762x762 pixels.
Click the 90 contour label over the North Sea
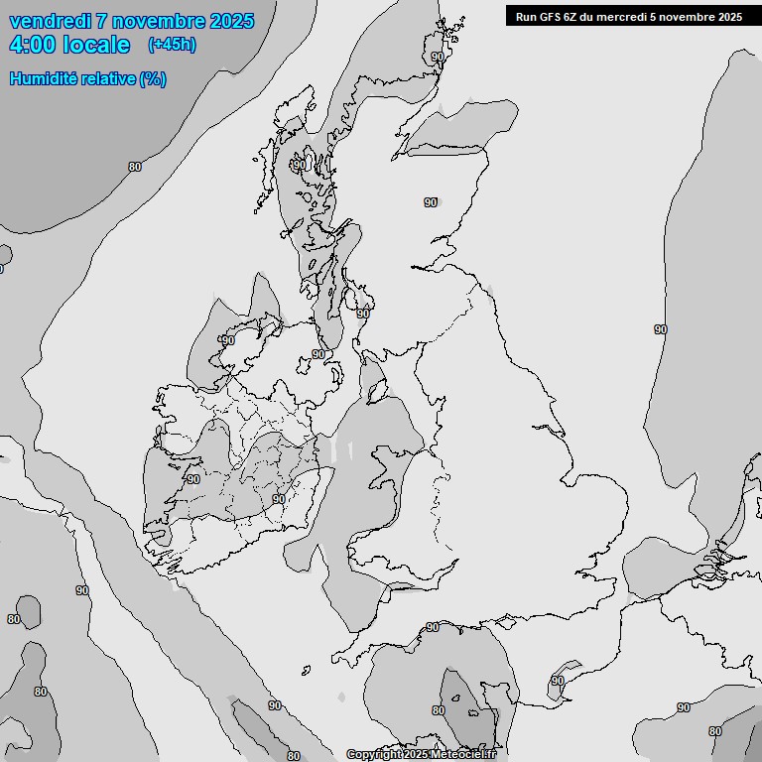click(x=661, y=329)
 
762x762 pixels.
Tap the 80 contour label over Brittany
click(x=439, y=710)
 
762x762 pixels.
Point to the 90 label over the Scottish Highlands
click(x=431, y=202)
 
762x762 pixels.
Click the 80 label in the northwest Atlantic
click(x=135, y=167)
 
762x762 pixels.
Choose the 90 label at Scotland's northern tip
click(x=438, y=58)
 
